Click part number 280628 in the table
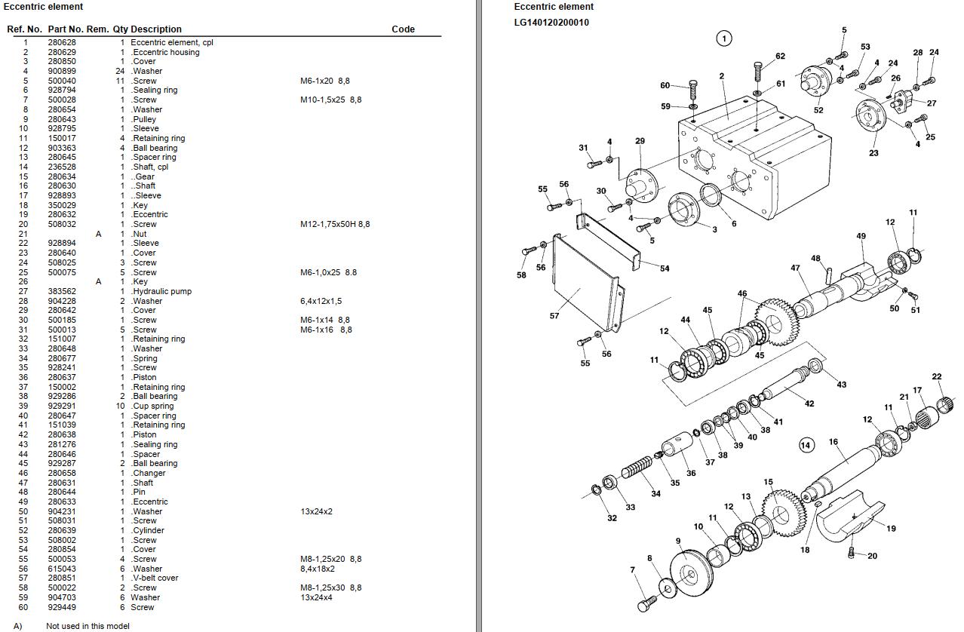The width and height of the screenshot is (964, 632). (62, 42)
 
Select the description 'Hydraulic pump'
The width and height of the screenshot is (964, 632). (161, 291)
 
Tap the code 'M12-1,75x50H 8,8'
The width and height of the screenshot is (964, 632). (335, 224)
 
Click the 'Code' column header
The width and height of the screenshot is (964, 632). (403, 29)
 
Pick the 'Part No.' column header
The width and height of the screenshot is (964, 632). (66, 29)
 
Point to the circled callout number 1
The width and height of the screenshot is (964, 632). (723, 38)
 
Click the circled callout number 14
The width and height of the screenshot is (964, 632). (806, 445)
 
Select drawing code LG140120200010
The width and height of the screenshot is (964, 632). (551, 23)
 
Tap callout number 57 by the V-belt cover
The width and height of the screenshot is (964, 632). (554, 316)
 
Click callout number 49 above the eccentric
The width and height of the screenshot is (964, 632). (861, 236)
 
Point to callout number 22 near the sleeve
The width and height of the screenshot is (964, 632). (937, 376)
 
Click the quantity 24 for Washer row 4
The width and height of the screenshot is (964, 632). (120, 71)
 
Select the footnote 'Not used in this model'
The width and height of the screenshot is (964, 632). (87, 626)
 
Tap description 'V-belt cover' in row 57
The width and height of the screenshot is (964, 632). (155, 578)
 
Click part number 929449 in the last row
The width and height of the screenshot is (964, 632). (62, 607)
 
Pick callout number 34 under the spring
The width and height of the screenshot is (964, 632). (655, 494)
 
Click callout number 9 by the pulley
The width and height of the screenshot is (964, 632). (678, 541)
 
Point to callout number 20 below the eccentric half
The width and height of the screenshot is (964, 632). (873, 556)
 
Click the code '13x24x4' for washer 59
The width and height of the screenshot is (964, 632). (316, 597)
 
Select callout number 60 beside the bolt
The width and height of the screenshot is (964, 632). (665, 85)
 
